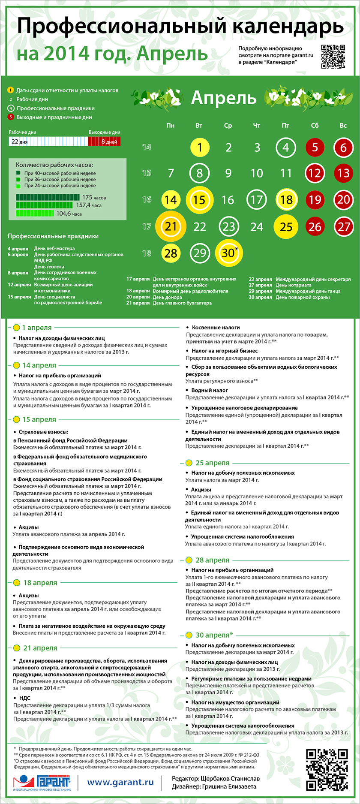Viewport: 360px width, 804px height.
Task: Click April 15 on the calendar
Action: [x=199, y=200]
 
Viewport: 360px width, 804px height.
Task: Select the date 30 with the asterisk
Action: [x=228, y=253]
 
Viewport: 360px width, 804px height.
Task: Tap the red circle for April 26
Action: [x=315, y=226]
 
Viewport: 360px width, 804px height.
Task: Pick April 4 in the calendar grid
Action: [x=286, y=148]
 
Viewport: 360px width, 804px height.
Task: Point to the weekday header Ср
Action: [x=228, y=126]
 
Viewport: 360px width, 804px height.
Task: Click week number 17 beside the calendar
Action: [x=147, y=226]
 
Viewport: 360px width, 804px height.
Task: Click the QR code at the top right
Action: [x=333, y=57]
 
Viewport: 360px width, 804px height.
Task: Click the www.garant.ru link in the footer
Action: [x=120, y=782]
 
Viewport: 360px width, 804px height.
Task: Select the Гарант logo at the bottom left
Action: [x=42, y=783]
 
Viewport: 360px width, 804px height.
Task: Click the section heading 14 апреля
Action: [x=39, y=365]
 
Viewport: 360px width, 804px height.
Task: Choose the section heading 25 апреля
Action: [x=212, y=463]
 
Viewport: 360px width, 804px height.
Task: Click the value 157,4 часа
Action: [x=89, y=205]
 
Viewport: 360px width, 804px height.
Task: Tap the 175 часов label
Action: [x=94, y=198]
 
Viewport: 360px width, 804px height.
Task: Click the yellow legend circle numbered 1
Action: [x=11, y=90]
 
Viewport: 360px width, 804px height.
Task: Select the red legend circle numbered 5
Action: [x=11, y=117]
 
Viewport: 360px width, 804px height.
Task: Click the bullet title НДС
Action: [x=24, y=698]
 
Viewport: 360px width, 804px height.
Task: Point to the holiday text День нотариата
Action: [x=294, y=285]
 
